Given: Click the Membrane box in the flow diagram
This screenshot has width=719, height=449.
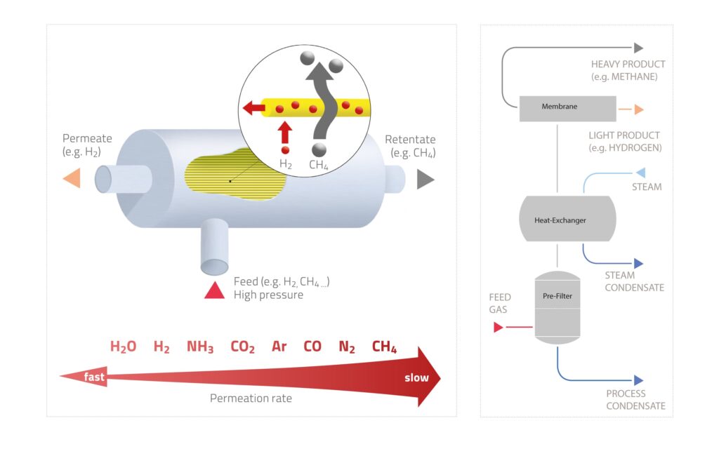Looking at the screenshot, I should tap(559, 108).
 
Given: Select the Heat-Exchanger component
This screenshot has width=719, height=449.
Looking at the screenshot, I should tap(559, 220).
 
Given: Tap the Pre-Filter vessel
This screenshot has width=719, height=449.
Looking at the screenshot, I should tap(558, 306).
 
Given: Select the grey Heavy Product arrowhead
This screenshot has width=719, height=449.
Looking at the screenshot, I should tap(638, 48).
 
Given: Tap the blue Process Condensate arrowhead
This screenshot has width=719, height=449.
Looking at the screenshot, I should tap(638, 380).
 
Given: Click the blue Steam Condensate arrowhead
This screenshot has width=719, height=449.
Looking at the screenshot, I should tap(638, 264).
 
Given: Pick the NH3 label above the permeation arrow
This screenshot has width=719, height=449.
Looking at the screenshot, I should tap(200, 347).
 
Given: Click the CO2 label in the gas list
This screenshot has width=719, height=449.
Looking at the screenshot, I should tap(242, 347).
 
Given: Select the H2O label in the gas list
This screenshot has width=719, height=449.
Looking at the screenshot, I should tap(123, 347).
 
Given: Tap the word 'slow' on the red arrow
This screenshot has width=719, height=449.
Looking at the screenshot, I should tap(416, 378).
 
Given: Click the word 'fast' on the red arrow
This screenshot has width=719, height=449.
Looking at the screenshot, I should tap(94, 377).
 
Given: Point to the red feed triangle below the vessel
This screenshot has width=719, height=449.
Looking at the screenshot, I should tap(214, 290).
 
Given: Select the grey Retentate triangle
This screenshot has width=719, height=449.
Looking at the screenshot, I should tap(425, 180).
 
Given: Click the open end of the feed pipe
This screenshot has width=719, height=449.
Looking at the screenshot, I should tap(214, 267).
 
